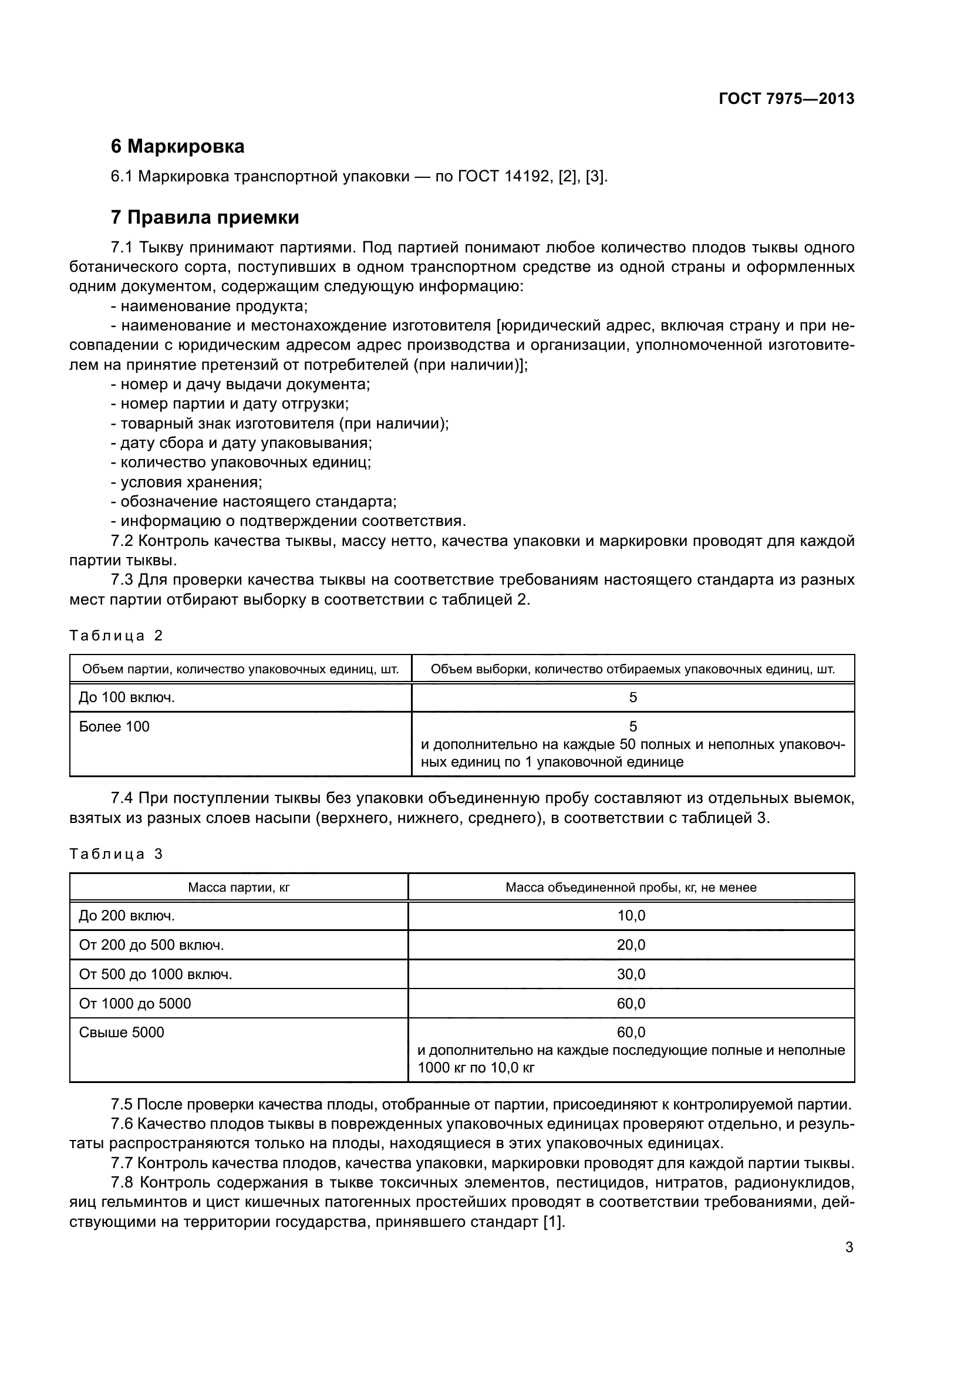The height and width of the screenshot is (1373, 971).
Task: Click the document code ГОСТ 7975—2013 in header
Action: coord(786,99)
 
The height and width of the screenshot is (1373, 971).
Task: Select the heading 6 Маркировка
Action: coord(177,147)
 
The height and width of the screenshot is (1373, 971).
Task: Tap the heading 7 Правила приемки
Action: coord(204,218)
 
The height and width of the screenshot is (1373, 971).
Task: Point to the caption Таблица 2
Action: coord(116,636)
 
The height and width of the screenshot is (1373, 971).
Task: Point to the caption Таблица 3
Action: coord(116,854)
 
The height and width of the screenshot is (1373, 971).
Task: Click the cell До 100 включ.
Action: coord(127,697)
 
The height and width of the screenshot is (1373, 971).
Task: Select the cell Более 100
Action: coord(114,727)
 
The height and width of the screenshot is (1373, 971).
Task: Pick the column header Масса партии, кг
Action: coord(238,888)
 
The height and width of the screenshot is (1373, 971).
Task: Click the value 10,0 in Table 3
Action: coord(632,916)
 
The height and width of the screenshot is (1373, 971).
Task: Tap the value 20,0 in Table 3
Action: coord(632,945)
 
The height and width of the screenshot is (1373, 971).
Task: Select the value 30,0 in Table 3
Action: coord(632,974)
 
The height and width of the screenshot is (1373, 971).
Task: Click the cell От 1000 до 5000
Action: coord(135,1003)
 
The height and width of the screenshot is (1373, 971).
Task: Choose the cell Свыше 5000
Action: coord(122,1033)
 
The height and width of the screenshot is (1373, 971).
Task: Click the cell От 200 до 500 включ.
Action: coord(151,945)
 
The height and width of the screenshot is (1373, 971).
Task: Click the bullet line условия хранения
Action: coord(191,482)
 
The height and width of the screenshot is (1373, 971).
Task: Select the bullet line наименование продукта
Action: coord(214,306)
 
